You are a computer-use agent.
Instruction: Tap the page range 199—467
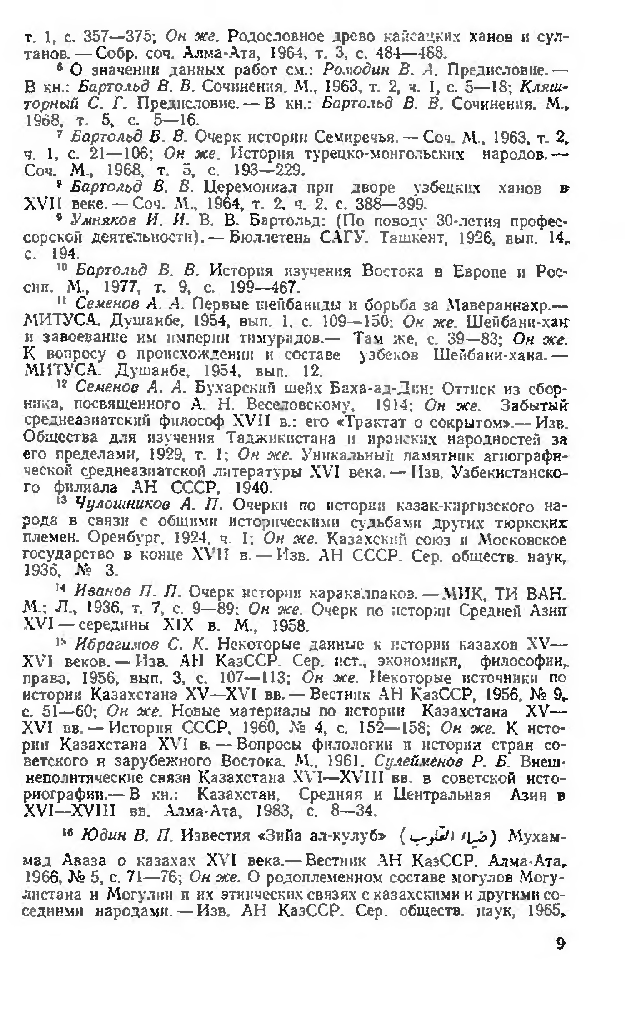[x=263, y=287]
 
